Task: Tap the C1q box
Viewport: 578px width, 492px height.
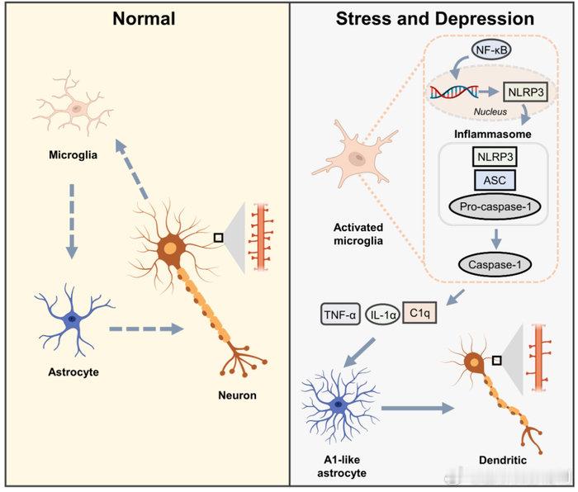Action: coord(419,314)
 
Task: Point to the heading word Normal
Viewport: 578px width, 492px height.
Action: coord(144,17)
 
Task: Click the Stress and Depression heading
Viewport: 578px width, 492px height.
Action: coord(434,17)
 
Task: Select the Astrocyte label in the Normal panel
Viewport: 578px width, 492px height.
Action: coord(73,372)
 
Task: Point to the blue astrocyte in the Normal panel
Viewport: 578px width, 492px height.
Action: coord(73,318)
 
